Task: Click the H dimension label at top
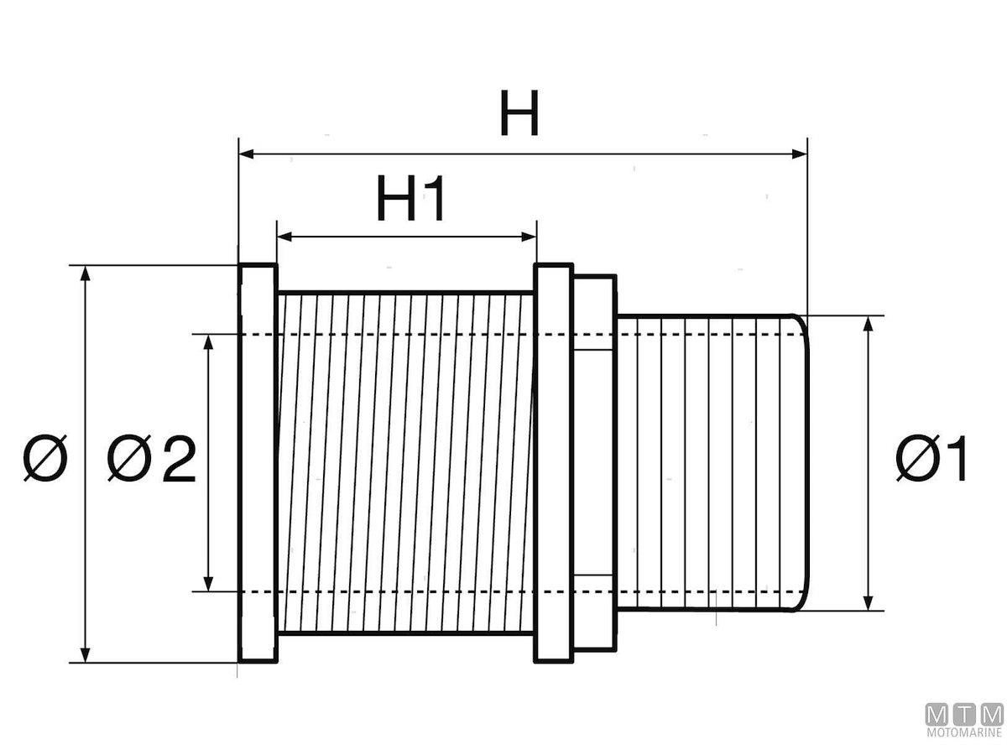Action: pos(519,114)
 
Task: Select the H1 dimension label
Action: pos(410,200)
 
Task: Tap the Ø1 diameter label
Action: pos(931,461)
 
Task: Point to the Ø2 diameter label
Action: pos(151,461)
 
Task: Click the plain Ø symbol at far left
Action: pos(44,461)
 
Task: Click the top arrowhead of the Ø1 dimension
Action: pos(869,323)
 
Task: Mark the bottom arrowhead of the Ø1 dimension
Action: pos(869,603)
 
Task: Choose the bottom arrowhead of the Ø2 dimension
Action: pos(209,584)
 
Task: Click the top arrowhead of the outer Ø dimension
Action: pos(84,273)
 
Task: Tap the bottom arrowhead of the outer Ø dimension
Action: pos(84,655)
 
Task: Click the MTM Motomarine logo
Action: pos(963,720)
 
